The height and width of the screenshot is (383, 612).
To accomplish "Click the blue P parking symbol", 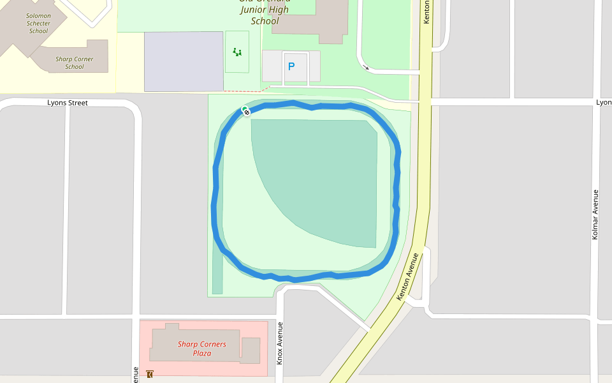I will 291,66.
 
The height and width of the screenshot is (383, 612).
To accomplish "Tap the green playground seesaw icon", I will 237,52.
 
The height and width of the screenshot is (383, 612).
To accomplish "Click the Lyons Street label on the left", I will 68,103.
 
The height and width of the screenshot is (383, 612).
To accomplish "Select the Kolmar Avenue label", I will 595,214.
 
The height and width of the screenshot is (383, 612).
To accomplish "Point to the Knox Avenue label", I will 279,343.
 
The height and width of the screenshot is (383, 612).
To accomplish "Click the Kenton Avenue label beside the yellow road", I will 409,276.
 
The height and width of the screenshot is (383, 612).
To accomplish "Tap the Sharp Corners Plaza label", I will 202,349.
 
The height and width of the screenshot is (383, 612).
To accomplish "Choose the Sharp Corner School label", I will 74,63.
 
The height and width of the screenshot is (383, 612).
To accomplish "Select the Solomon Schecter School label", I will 38,24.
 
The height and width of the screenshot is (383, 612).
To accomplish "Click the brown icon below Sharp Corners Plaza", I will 149,374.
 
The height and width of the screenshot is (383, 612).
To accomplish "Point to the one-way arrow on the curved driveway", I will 366,66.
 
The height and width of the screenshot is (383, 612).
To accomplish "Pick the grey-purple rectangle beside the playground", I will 184,61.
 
